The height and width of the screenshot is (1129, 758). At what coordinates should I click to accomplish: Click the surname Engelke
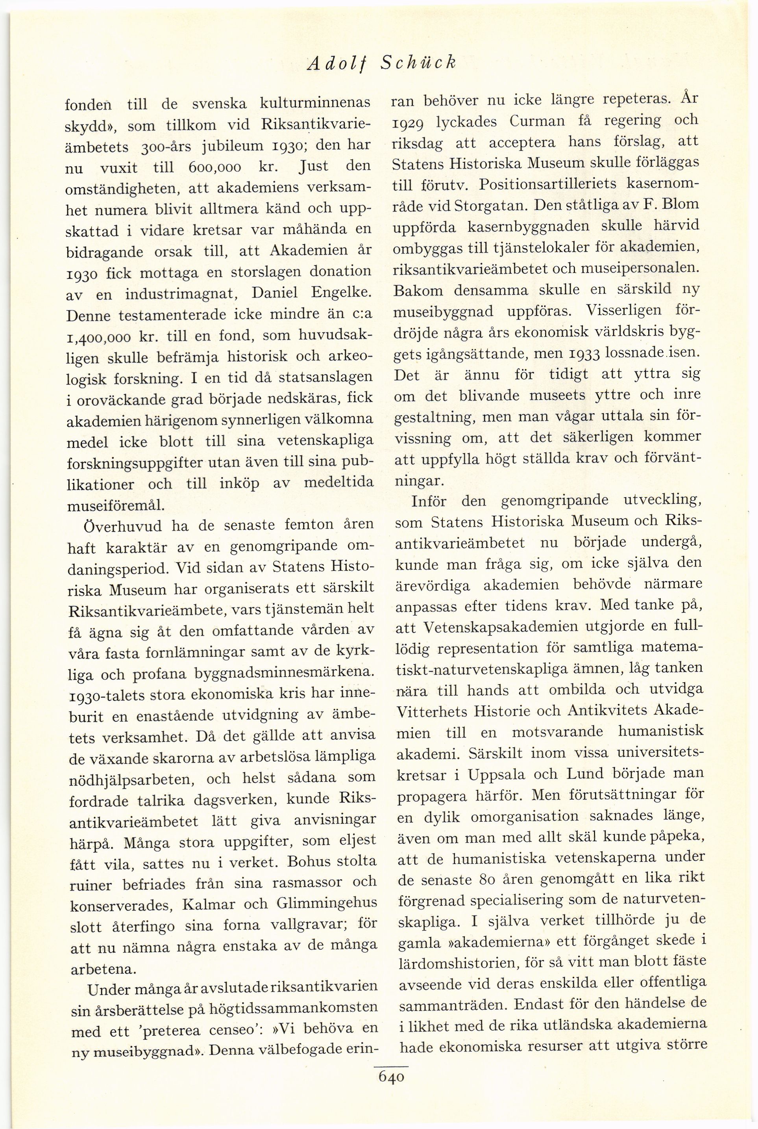coord(337,293)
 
